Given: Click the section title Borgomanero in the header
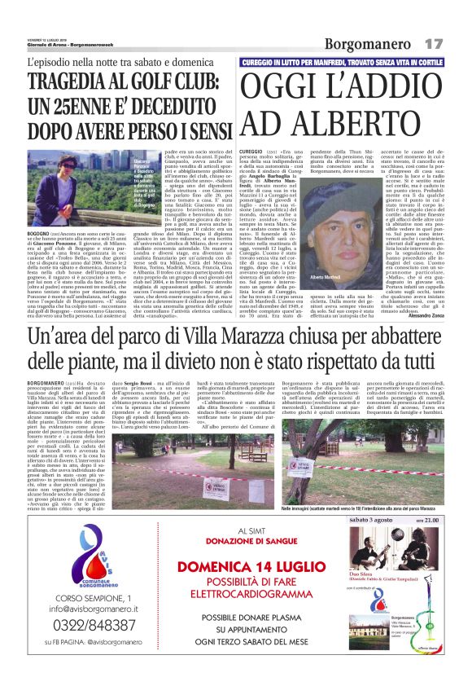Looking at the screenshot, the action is pos(369,43).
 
